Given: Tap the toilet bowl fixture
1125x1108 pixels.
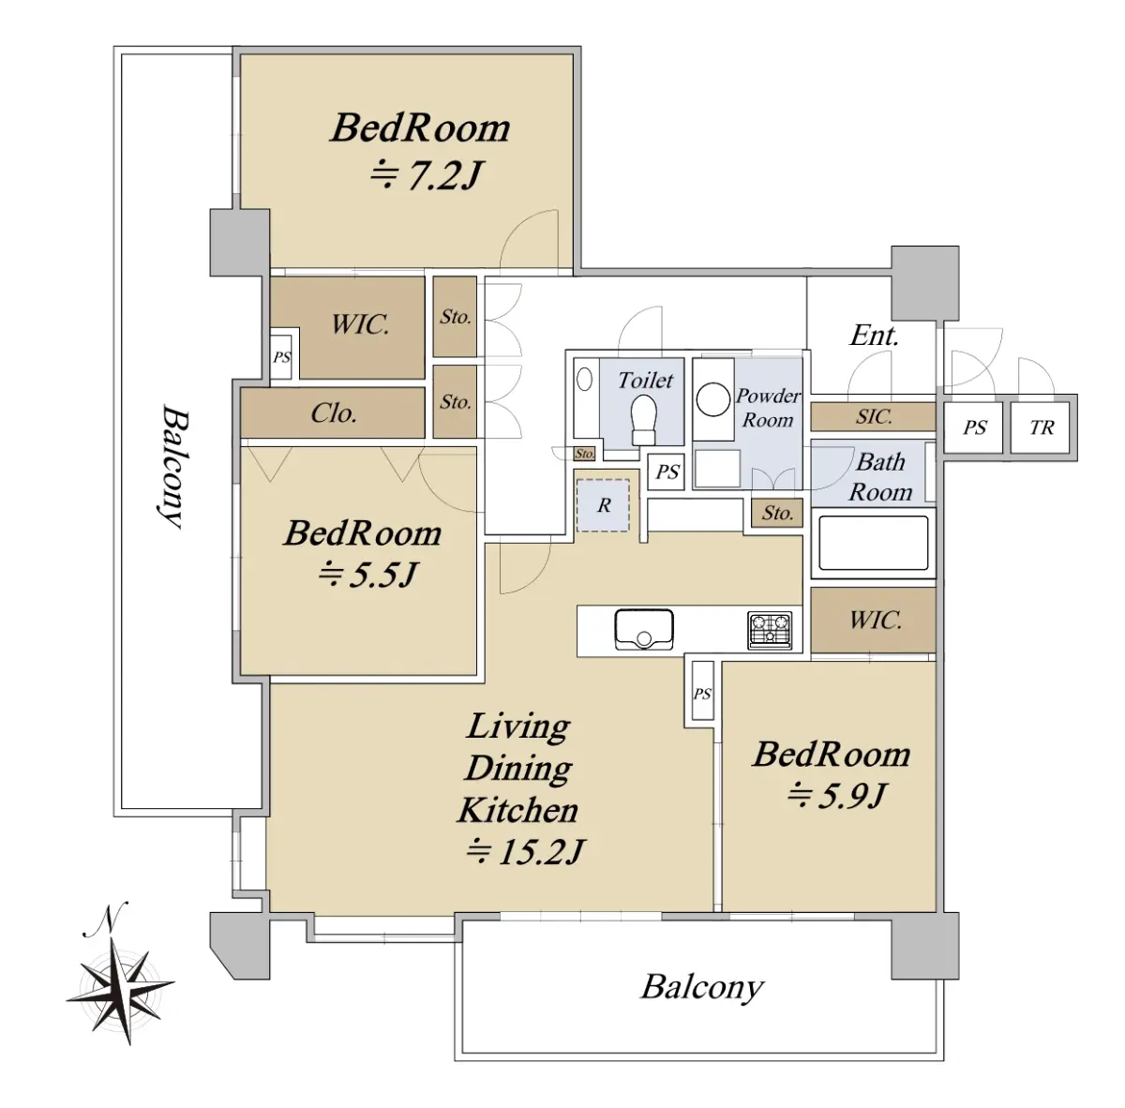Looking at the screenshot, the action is click(x=644, y=419).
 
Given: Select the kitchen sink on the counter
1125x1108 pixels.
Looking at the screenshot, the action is click(x=644, y=629).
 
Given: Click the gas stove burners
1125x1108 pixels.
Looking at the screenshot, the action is click(x=770, y=630).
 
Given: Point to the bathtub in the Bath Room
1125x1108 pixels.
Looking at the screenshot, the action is click(x=874, y=543).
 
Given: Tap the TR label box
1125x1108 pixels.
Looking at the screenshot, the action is click(x=1042, y=427).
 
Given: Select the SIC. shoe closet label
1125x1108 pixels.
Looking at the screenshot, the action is click(x=874, y=417).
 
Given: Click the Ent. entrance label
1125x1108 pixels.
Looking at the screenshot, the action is click(x=874, y=336).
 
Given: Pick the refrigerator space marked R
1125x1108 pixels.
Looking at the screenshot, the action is click(x=603, y=505).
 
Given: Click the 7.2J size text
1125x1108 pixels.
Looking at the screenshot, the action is click(x=427, y=174).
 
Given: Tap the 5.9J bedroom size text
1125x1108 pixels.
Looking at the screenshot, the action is click(x=837, y=795).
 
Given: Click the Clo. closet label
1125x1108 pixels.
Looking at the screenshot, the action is click(x=333, y=413).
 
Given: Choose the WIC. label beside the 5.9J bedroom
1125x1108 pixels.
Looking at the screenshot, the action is click(x=875, y=620).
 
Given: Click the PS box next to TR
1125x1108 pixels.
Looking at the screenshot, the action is click(x=974, y=427).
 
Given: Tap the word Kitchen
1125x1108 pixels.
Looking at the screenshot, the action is click(x=517, y=810).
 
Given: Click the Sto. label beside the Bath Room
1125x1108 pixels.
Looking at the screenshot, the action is click(x=777, y=513).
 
